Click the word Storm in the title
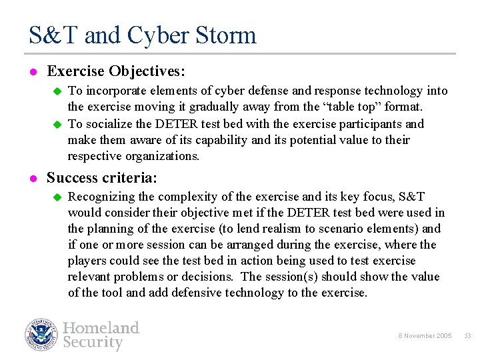(225, 35)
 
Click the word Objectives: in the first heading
(147, 70)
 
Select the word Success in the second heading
(72, 178)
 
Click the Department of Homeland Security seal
(41, 335)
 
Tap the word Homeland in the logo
(101, 327)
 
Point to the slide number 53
(467, 336)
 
